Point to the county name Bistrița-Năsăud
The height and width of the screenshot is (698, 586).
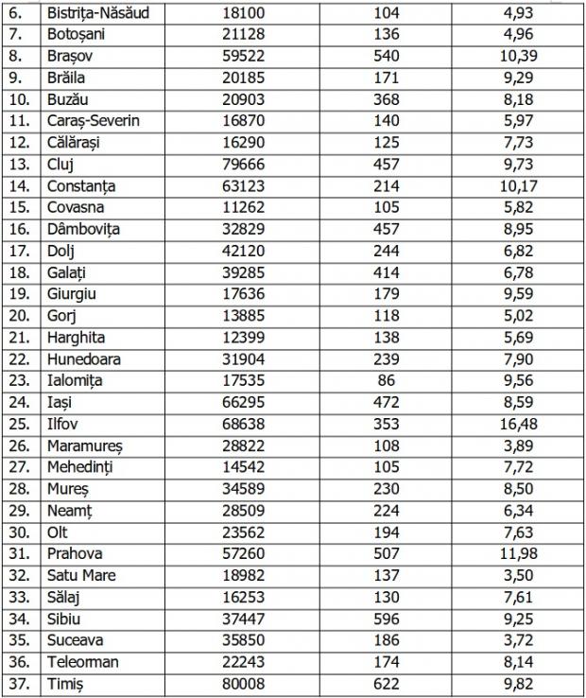coord(104,14)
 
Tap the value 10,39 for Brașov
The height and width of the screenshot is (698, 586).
coord(518,57)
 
